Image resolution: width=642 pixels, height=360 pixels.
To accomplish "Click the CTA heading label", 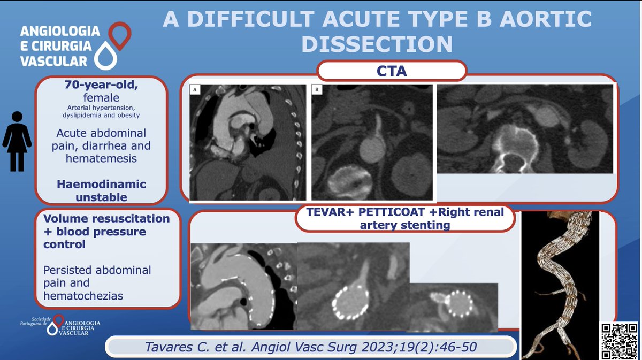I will (392, 71).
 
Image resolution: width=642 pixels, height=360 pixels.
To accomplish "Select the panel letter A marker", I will (195, 90).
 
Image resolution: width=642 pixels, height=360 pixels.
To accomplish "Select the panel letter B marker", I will (317, 90).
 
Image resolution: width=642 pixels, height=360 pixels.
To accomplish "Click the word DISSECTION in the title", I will (377, 43).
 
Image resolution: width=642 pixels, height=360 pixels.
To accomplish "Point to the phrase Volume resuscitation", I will (106, 219).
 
